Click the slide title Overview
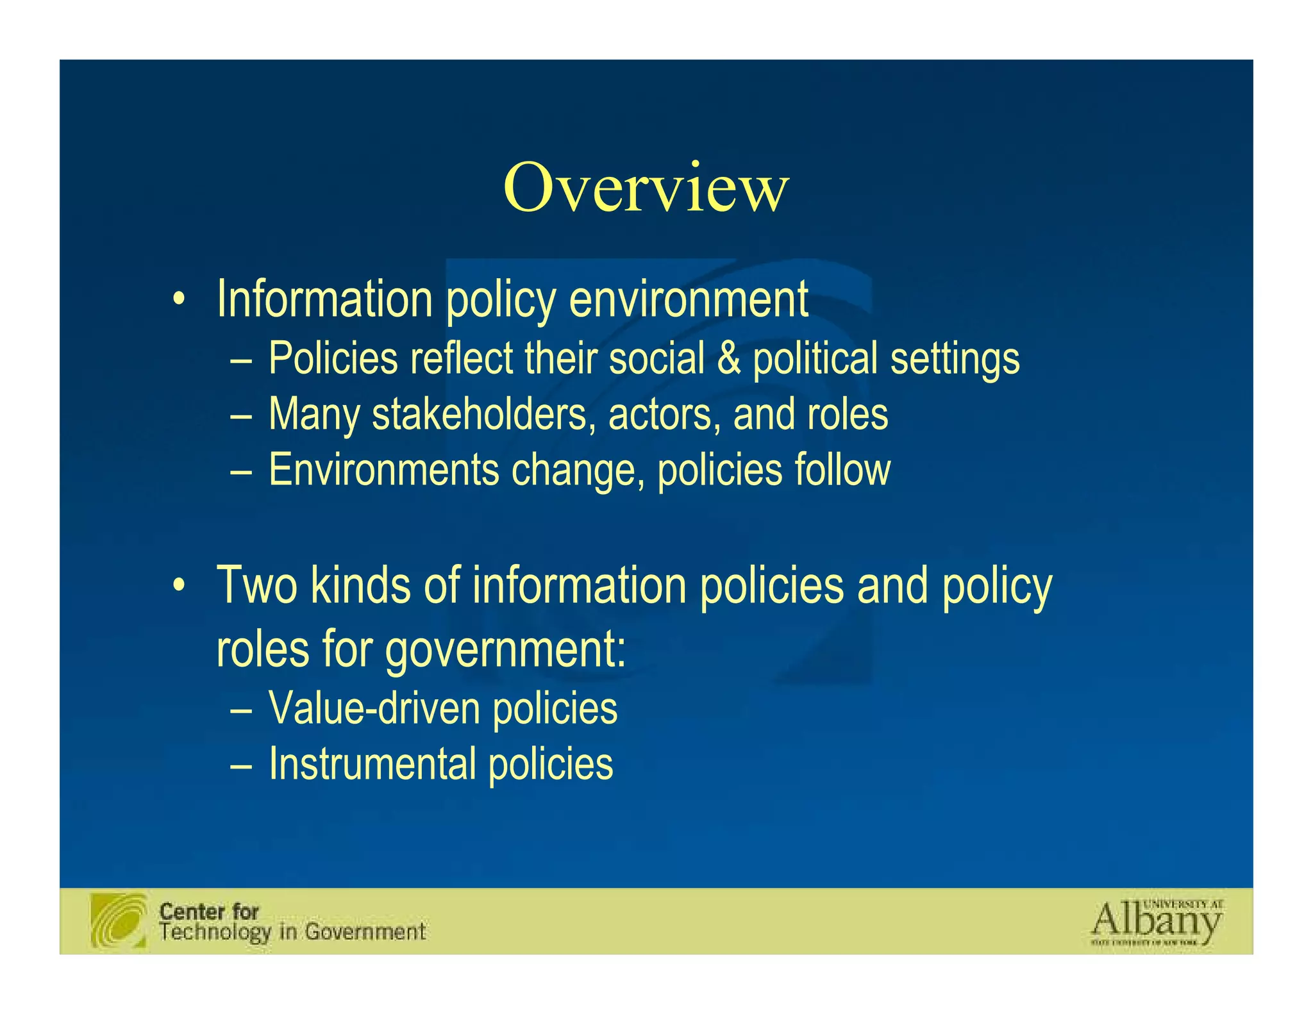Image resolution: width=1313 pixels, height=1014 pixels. (x=646, y=188)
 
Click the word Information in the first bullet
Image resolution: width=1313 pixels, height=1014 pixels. (x=324, y=299)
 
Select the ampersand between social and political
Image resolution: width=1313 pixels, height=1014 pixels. (x=728, y=358)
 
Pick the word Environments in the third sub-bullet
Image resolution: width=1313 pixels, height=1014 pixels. (x=383, y=470)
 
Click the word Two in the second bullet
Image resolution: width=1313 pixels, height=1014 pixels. (x=256, y=585)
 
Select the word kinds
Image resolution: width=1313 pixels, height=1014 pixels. (x=360, y=585)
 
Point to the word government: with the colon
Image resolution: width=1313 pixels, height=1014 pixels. (x=505, y=650)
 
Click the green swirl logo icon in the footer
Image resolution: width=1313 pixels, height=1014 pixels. (x=119, y=920)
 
